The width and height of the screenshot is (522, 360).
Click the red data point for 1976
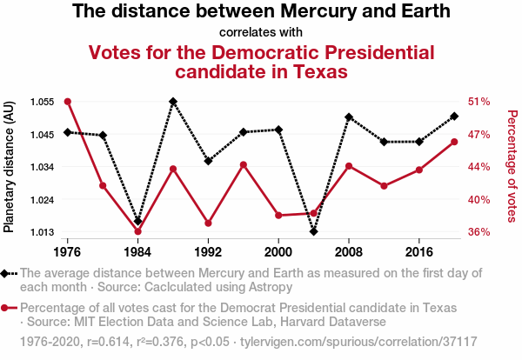pos(68,102)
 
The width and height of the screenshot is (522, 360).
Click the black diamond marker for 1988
pos(173,102)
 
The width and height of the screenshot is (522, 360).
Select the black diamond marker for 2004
pos(314,231)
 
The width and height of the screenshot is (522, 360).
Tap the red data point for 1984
pos(138,231)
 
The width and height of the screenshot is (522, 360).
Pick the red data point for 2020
pos(455,142)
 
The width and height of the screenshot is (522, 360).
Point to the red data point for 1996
pos(244,164)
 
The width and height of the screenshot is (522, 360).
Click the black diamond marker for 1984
pos(138,222)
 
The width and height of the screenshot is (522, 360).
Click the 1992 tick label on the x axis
pos(208,251)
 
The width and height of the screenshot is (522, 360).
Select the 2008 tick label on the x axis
pos(349,251)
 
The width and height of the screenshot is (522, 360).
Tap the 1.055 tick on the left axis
pos(41,102)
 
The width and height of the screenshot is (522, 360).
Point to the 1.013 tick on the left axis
pos(41,232)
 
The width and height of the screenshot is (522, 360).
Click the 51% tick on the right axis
pos(480,102)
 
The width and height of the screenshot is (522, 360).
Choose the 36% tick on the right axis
pos(480,232)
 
